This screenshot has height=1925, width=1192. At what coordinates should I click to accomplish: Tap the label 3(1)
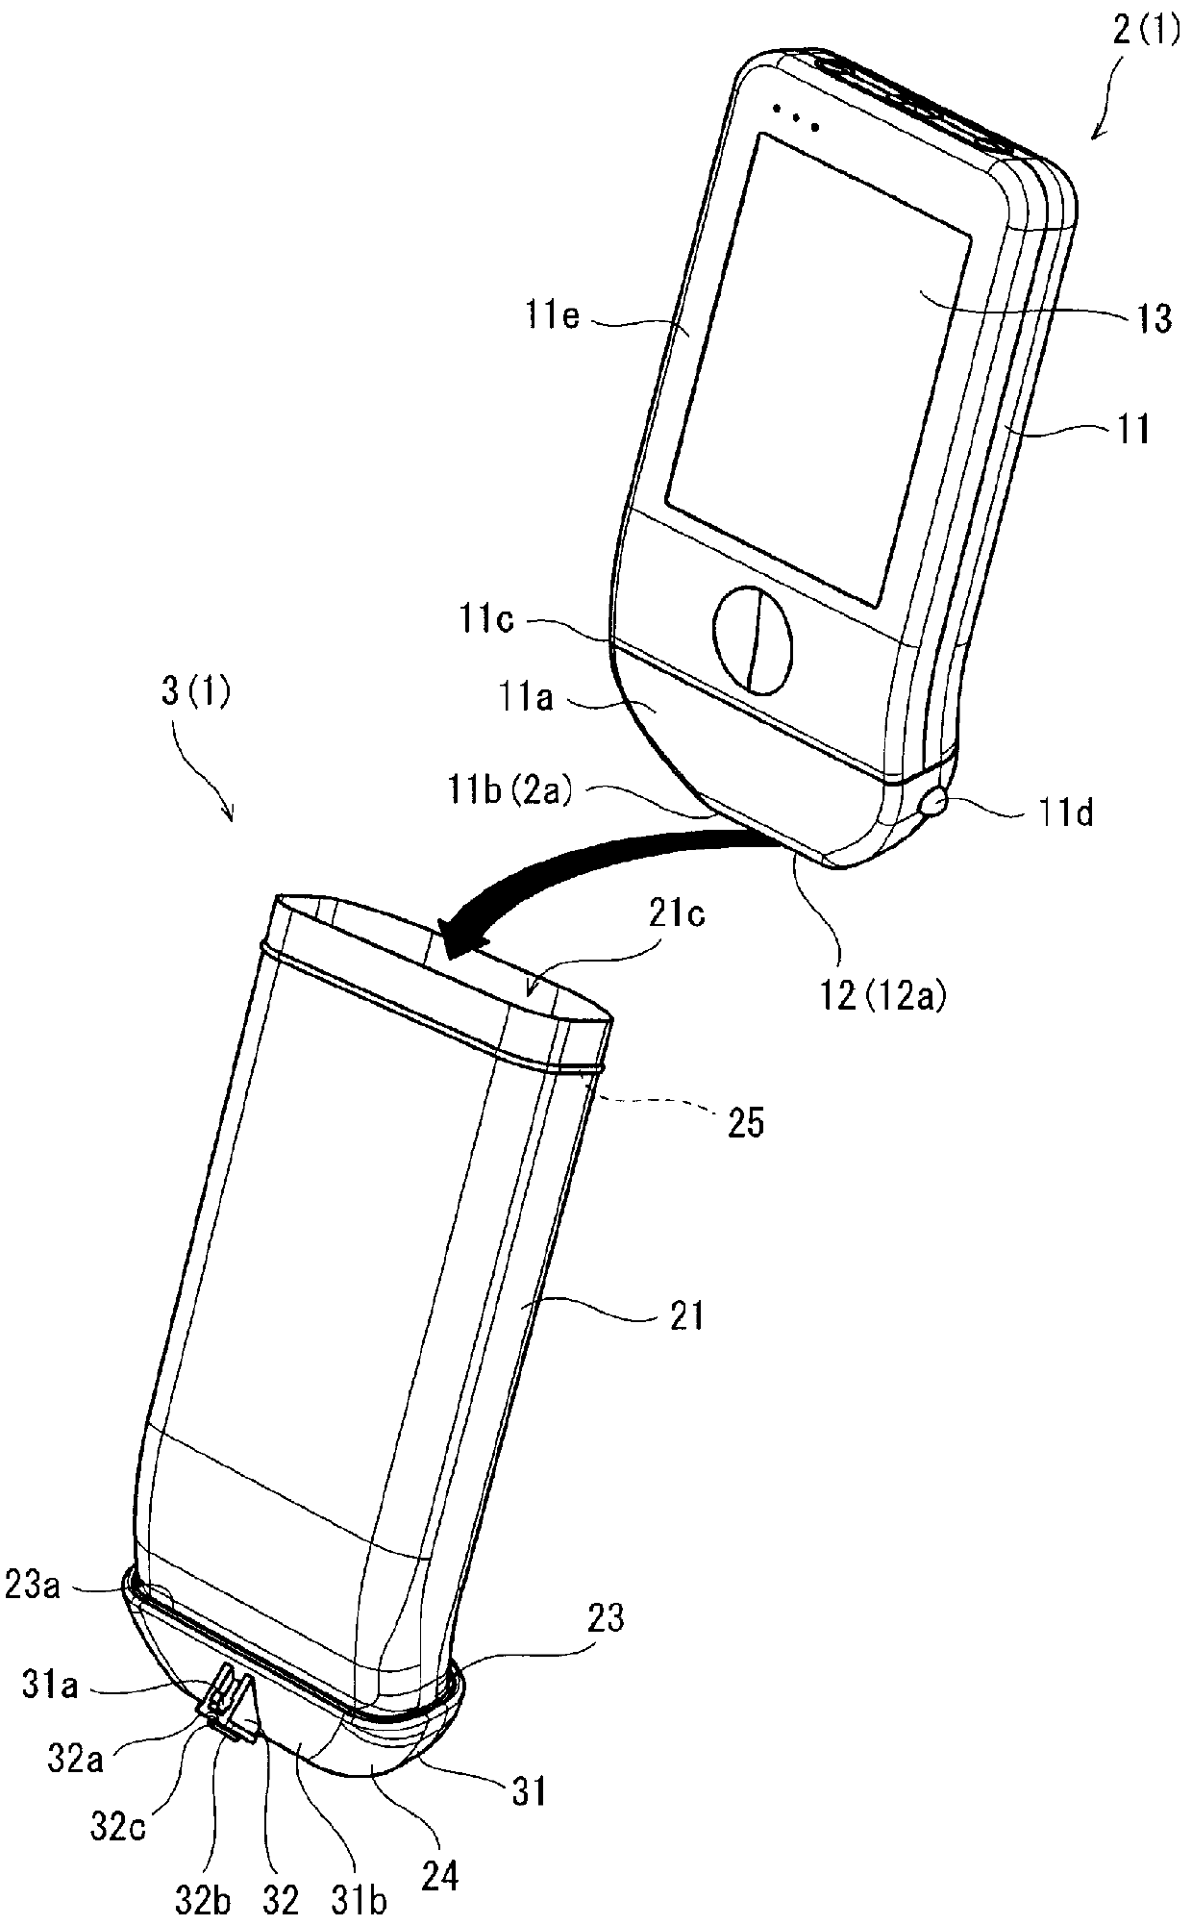click(x=196, y=692)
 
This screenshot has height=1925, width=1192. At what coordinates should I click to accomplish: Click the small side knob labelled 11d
click(x=932, y=801)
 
